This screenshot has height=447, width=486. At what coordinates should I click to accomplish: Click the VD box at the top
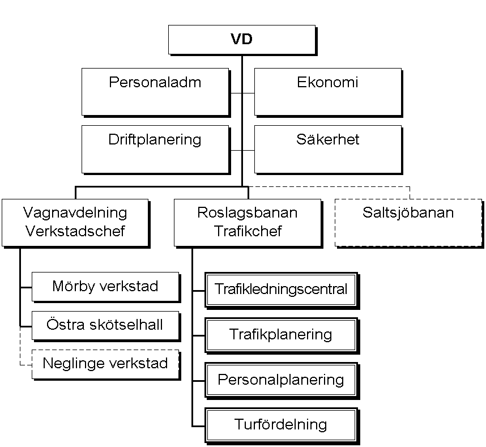(241, 40)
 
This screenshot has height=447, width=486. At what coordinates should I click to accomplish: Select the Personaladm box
(155, 92)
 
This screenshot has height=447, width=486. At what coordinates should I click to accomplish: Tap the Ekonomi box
(327, 92)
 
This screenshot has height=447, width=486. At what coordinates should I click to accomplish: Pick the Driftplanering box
(155, 148)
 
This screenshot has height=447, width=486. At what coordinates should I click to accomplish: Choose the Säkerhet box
(327, 148)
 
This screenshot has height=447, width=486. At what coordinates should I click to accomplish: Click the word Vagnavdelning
(75, 213)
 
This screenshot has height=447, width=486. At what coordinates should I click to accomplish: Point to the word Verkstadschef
(75, 231)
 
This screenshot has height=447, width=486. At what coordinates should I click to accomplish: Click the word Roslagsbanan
(247, 213)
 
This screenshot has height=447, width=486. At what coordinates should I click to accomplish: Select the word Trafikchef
(247, 231)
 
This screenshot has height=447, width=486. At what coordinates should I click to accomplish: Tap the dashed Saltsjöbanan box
(408, 222)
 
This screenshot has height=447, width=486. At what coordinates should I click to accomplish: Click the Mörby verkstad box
(105, 286)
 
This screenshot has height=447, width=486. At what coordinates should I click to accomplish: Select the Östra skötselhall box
(105, 325)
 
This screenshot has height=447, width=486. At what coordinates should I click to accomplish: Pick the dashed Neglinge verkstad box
(105, 363)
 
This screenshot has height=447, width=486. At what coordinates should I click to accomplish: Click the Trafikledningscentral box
(281, 290)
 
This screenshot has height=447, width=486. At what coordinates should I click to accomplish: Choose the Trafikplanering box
(281, 334)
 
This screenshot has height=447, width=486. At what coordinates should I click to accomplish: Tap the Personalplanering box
(281, 379)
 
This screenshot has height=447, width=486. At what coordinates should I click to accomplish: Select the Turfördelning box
(281, 424)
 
